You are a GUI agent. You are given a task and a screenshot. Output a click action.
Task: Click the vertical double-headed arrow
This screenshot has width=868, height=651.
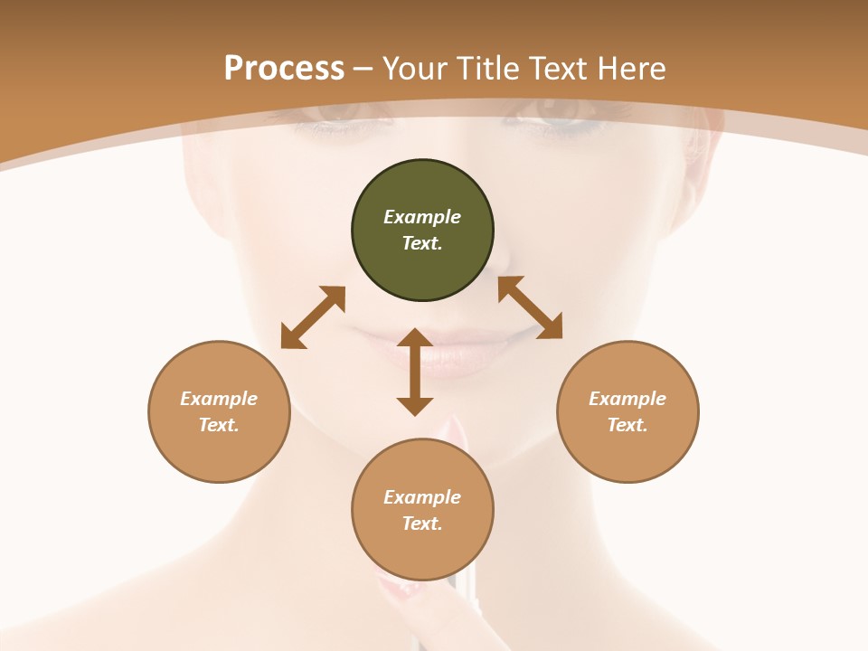point(415,372)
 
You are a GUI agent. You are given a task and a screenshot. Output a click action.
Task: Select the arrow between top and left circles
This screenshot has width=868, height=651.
point(313,317)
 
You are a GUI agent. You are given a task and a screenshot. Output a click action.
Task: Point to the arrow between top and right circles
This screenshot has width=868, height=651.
point(530,307)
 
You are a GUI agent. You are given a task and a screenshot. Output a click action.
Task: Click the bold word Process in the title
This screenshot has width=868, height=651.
point(284,68)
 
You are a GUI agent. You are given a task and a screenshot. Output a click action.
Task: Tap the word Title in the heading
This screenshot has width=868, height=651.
point(488,68)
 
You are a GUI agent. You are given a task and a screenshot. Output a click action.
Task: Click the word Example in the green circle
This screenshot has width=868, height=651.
point(422,217)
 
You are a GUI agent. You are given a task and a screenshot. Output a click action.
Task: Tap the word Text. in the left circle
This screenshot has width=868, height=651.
point(219,425)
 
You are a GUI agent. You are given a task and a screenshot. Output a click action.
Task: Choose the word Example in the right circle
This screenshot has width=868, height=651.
point(627,399)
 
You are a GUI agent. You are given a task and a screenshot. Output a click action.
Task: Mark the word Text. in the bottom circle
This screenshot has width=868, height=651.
point(422,524)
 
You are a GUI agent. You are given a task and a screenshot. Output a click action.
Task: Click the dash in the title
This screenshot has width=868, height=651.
point(363,70)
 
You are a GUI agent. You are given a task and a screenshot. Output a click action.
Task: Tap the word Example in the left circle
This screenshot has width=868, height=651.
point(219,399)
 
